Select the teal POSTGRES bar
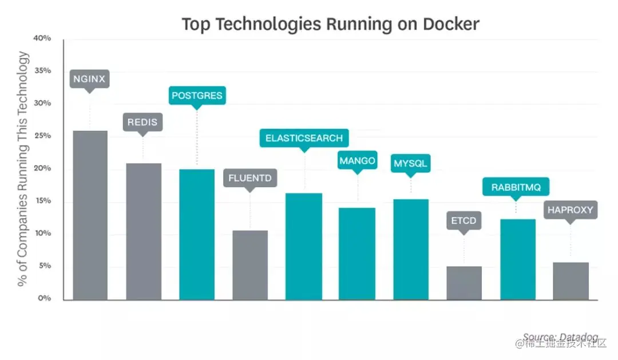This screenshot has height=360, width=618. (x=197, y=234)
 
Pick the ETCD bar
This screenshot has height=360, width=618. (x=464, y=283)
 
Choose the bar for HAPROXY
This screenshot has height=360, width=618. (x=571, y=281)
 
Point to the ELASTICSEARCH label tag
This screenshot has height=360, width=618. (x=304, y=138)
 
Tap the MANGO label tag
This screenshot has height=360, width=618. (x=357, y=161)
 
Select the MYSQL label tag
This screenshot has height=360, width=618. (x=410, y=164)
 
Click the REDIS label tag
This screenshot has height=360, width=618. (x=142, y=122)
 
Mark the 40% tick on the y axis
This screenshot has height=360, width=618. (x=42, y=38)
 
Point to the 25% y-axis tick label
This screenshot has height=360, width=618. (x=42, y=136)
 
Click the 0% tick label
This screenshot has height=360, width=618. (x=45, y=298)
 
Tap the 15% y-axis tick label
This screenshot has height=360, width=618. (x=42, y=201)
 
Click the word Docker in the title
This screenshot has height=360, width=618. (x=451, y=24)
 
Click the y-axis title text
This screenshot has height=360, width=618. (x=23, y=168)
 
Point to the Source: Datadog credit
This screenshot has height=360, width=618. (x=552, y=337)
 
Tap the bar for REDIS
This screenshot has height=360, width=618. (x=144, y=231)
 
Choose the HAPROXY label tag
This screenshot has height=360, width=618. (x=571, y=209)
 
